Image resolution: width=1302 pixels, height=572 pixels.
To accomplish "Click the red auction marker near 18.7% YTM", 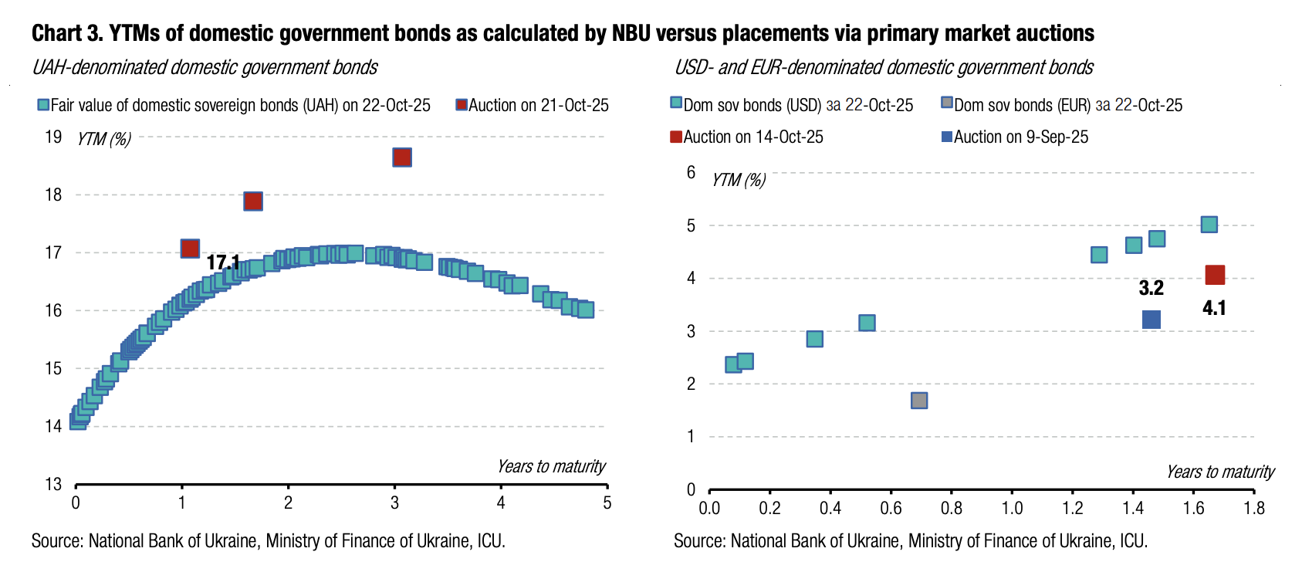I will pos(402,157).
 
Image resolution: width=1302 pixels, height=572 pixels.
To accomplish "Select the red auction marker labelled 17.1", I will pos(190,248).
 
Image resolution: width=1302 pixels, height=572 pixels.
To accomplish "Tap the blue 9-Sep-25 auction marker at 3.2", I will pos(1151,320).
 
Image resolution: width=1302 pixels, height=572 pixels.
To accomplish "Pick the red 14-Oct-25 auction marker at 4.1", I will pos(1215,275).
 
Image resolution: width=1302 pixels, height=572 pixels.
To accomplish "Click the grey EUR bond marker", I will pos(918,401).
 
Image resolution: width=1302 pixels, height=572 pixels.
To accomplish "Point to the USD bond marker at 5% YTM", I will pos(1209,225).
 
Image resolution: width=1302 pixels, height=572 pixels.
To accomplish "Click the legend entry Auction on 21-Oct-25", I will pos(533,105).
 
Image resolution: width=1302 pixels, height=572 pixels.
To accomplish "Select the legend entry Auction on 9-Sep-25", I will pos(1014,137).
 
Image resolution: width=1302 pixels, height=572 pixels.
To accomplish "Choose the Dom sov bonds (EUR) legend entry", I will pos(1062,105).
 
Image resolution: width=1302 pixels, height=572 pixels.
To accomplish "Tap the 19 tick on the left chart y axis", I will pos(53,137).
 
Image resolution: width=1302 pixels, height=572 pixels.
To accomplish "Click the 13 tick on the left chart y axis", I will pos(53,484).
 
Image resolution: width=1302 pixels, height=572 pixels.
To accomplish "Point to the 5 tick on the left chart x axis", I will pos(607,503).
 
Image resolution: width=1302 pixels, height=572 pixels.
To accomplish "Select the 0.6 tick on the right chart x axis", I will pos(891,508).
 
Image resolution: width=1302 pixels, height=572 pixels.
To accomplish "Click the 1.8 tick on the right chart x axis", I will pos(1254,508).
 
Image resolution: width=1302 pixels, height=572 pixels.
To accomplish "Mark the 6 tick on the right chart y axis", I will pos(691,172).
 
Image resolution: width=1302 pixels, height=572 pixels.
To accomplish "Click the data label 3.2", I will pos(1151,288).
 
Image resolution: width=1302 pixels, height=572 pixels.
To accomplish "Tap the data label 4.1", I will pos(1214,308).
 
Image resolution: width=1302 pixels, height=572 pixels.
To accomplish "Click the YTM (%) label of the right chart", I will pos(739,180).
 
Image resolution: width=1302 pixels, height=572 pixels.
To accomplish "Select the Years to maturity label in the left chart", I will pos(551,466).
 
